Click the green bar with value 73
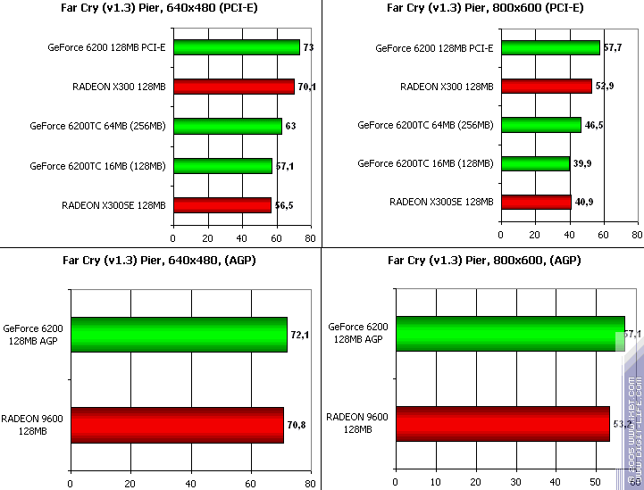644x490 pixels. pos(237,47)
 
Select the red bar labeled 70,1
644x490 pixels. pos(234,87)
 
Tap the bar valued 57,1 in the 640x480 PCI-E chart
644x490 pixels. pos(222,165)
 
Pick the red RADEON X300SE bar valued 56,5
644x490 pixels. pos(222,205)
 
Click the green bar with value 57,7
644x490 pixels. pos(550,47)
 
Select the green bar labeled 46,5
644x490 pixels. pos(540,125)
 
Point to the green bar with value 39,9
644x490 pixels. pos(535,163)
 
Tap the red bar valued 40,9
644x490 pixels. pos(536,202)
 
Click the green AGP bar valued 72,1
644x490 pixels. pos(179,334)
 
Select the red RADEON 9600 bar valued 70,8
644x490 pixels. pos(177,425)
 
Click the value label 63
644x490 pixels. pos(290,127)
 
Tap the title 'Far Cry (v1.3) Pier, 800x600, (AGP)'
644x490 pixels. pos(484,261)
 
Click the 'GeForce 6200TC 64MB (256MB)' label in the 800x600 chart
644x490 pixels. pos(425,125)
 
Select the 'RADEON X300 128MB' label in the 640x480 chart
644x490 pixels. pos(119,87)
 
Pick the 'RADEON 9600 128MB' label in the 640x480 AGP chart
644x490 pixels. pos(31,424)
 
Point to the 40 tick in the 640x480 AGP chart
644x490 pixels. pos(190,484)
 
